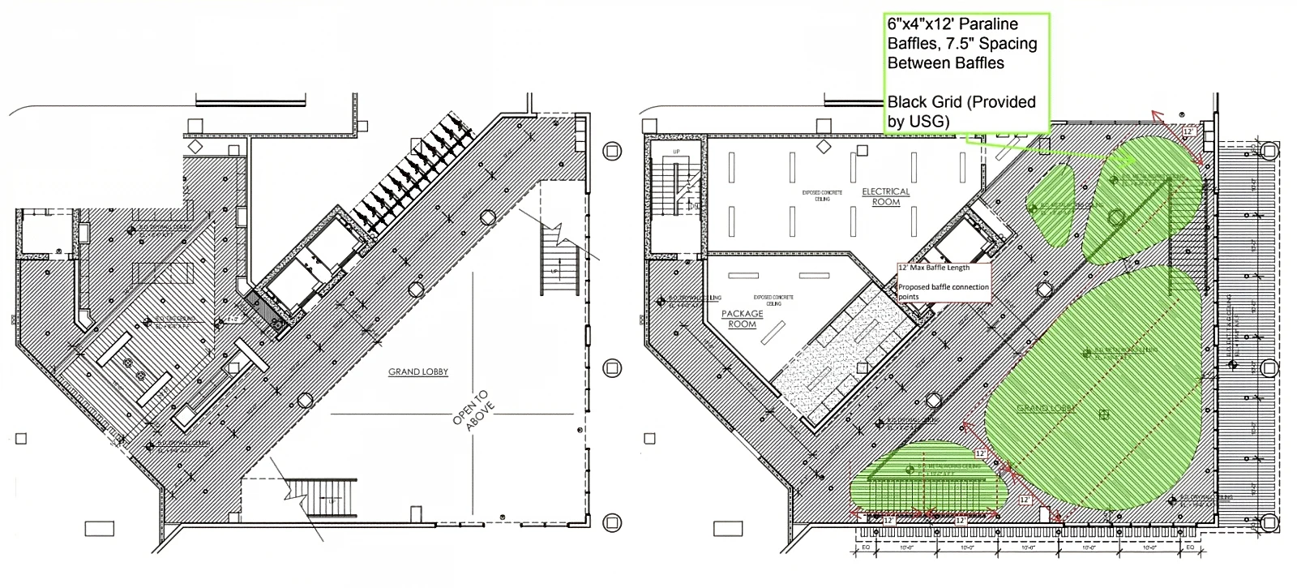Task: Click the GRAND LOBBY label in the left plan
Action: tap(417, 372)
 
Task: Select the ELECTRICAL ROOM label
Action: tap(885, 197)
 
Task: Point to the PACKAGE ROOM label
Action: tap(742, 319)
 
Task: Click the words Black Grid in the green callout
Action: tap(923, 102)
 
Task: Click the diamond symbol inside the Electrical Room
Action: tap(824, 146)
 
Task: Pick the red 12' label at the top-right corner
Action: tap(1189, 131)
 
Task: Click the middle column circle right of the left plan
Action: tap(612, 367)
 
